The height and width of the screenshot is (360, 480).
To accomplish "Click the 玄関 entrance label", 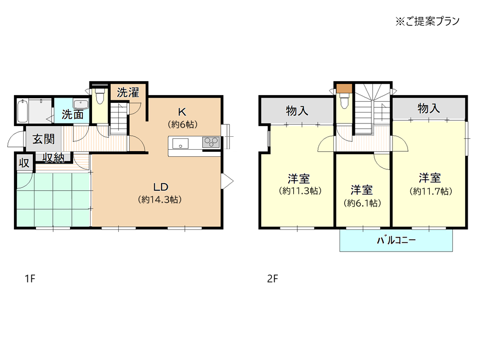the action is click(x=43, y=139).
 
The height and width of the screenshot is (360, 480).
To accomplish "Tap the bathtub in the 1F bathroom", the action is click(x=23, y=111).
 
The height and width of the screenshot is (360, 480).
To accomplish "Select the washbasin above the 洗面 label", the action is click(x=81, y=104).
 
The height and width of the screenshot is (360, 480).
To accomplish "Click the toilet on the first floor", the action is click(x=100, y=97).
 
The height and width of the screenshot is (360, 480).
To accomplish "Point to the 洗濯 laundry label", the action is click(x=128, y=93).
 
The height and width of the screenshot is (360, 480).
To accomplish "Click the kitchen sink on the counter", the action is click(x=180, y=143).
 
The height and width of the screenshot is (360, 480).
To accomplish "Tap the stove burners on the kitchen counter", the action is click(x=211, y=142).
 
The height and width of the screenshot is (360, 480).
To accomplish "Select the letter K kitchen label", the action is click(x=182, y=112).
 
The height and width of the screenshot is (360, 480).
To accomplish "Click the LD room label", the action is click(x=161, y=187).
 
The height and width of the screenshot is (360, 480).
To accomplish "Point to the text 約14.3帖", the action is click(x=160, y=200).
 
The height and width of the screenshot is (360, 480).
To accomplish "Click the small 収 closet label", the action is click(x=24, y=163).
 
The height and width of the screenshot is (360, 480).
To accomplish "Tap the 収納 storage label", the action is click(x=54, y=158).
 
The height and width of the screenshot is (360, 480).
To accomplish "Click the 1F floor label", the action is click(x=30, y=279).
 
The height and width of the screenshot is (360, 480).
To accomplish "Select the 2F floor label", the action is click(x=273, y=279).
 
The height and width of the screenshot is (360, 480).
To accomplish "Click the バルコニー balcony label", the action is click(x=396, y=240).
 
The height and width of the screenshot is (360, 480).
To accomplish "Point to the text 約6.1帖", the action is click(x=363, y=203).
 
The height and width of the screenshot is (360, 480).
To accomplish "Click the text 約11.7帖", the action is click(x=431, y=191).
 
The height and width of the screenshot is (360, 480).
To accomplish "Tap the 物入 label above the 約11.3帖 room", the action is click(x=297, y=111).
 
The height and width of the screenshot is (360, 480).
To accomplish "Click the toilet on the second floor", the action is click(x=344, y=101).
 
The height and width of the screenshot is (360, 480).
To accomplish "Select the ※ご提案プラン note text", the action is click(x=428, y=21).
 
